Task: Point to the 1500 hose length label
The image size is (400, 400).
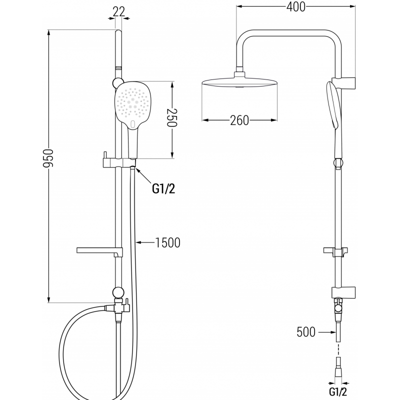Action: [x=167, y=243]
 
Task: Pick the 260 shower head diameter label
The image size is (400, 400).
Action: [x=239, y=120]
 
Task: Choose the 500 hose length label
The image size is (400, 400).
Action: [x=306, y=331]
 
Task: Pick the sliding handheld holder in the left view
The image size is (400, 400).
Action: [x=117, y=162]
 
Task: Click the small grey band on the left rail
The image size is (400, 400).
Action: [x=118, y=66]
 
